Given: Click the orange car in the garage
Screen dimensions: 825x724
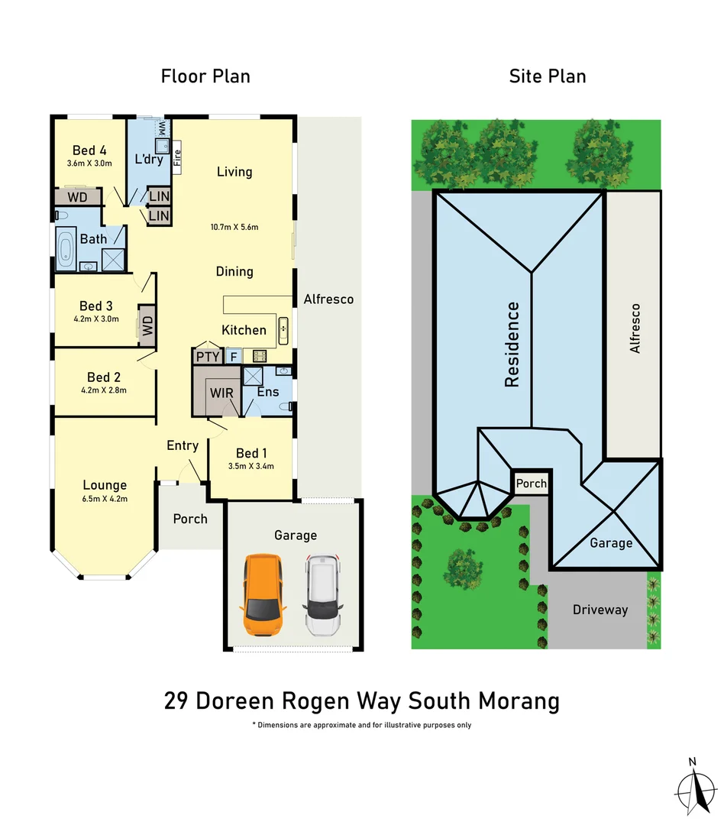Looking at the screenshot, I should tap(263, 595).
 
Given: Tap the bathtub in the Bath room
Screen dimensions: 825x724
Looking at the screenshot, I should tap(65, 249).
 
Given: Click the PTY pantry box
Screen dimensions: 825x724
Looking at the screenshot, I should tap(207, 356).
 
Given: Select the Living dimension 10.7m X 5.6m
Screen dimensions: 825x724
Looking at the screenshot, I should tap(234, 227).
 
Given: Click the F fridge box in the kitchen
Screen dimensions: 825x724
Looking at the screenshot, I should tap(233, 356).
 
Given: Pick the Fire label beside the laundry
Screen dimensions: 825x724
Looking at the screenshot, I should tap(177, 158).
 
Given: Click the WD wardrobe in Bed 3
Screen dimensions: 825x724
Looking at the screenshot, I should tap(145, 321).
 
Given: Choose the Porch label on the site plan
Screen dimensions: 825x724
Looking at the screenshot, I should tap(531, 484).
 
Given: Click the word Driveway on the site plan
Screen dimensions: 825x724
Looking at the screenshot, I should tap(600, 610).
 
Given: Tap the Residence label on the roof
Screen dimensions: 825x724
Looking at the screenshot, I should tap(512, 344).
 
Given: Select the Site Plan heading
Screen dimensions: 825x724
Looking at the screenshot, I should tap(548, 76).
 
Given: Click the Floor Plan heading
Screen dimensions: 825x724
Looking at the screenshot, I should tap(205, 76).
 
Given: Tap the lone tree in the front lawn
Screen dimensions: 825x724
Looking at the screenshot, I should tap(464, 566).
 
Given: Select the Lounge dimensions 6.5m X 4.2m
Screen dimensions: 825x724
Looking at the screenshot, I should tap(105, 499).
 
